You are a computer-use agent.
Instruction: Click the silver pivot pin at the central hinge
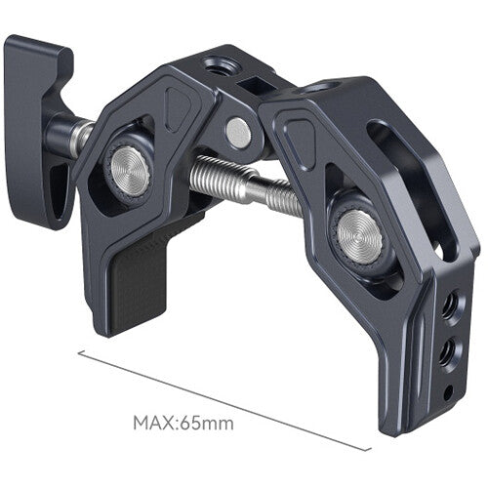pos(236,130)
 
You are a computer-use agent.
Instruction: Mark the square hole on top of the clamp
pos(256,86)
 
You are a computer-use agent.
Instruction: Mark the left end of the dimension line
pos(78,353)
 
